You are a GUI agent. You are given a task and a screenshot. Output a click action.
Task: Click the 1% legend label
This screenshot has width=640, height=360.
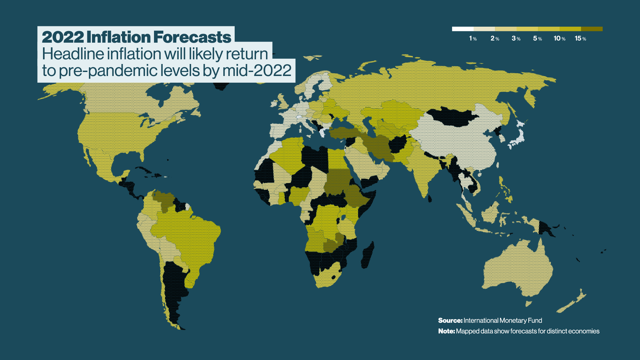[x=473, y=39]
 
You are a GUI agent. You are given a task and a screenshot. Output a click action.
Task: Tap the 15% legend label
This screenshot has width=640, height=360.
[x=580, y=39]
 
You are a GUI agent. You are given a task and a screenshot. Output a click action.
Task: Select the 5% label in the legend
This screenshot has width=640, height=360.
[x=537, y=39]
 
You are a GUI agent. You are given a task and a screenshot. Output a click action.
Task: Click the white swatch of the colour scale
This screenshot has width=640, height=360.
[x=463, y=29]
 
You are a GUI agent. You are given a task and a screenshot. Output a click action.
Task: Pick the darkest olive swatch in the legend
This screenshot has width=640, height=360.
[x=592, y=29]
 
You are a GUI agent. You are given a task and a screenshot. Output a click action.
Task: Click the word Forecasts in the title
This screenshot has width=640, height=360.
[x=192, y=37]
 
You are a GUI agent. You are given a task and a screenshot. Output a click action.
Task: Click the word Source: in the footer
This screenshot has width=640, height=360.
[x=450, y=320]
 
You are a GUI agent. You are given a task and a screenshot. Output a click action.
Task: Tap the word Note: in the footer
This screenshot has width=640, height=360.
[x=446, y=331]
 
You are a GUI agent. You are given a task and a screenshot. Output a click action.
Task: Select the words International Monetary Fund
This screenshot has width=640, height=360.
[x=503, y=320]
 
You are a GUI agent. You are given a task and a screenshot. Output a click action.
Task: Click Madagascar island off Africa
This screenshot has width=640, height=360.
[x=368, y=255]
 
